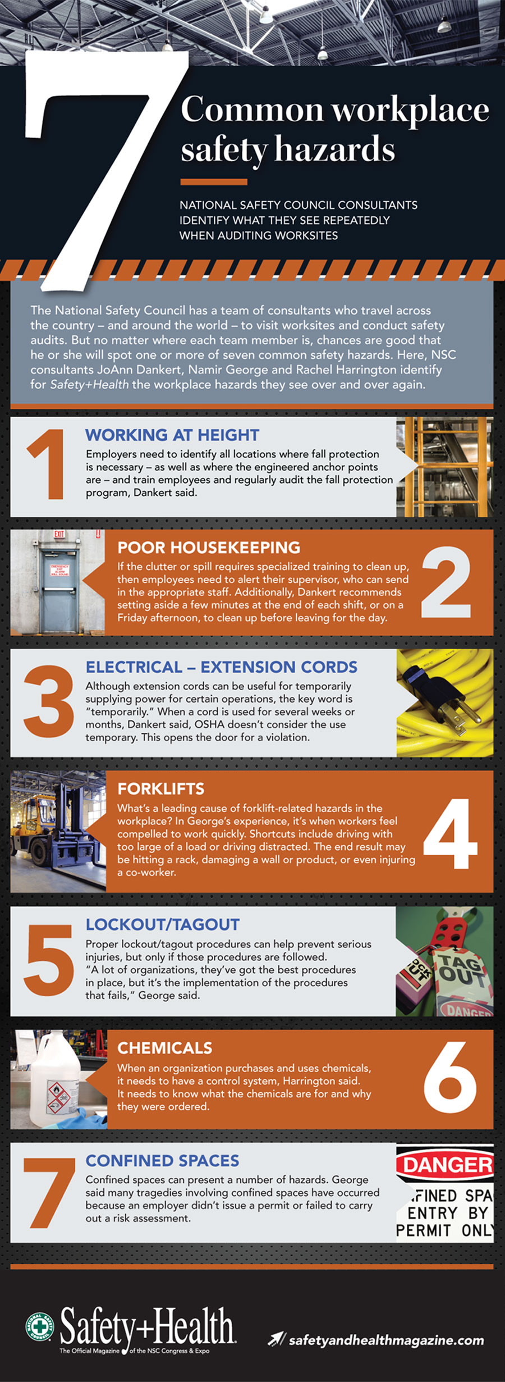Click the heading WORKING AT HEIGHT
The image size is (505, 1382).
tap(172, 435)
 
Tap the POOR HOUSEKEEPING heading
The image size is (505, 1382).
tap(209, 548)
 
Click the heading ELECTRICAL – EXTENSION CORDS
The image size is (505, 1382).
tap(221, 667)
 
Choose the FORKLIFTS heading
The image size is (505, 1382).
tap(160, 788)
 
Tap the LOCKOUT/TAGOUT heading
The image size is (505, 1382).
tap(162, 924)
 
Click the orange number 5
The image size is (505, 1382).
tap(49, 960)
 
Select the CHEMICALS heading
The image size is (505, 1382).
tap(164, 1048)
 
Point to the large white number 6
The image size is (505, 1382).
tap(451, 1077)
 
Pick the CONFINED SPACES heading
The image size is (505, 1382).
tap(162, 1160)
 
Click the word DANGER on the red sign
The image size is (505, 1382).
tap(447, 1164)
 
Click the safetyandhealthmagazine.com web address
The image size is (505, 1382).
tap(386, 1340)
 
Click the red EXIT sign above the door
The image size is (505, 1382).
tap(59, 534)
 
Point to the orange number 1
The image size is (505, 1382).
tap(48, 464)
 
